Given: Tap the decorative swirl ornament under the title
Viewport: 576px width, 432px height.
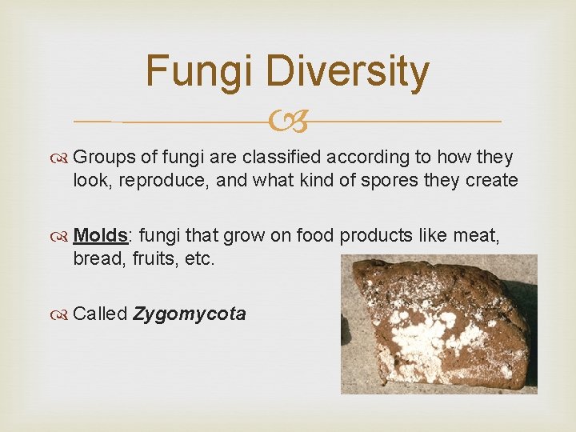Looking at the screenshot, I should pos(287,122).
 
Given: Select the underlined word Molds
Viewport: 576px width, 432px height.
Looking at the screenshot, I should pos(101,236).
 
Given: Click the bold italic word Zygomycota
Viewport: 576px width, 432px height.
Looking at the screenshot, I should pos(190,314).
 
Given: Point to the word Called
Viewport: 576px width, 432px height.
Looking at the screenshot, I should pos(100,314).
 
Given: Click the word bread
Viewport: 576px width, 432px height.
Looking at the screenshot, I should pos(98,260).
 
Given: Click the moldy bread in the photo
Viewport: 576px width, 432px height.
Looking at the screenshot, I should pos(436,324).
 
